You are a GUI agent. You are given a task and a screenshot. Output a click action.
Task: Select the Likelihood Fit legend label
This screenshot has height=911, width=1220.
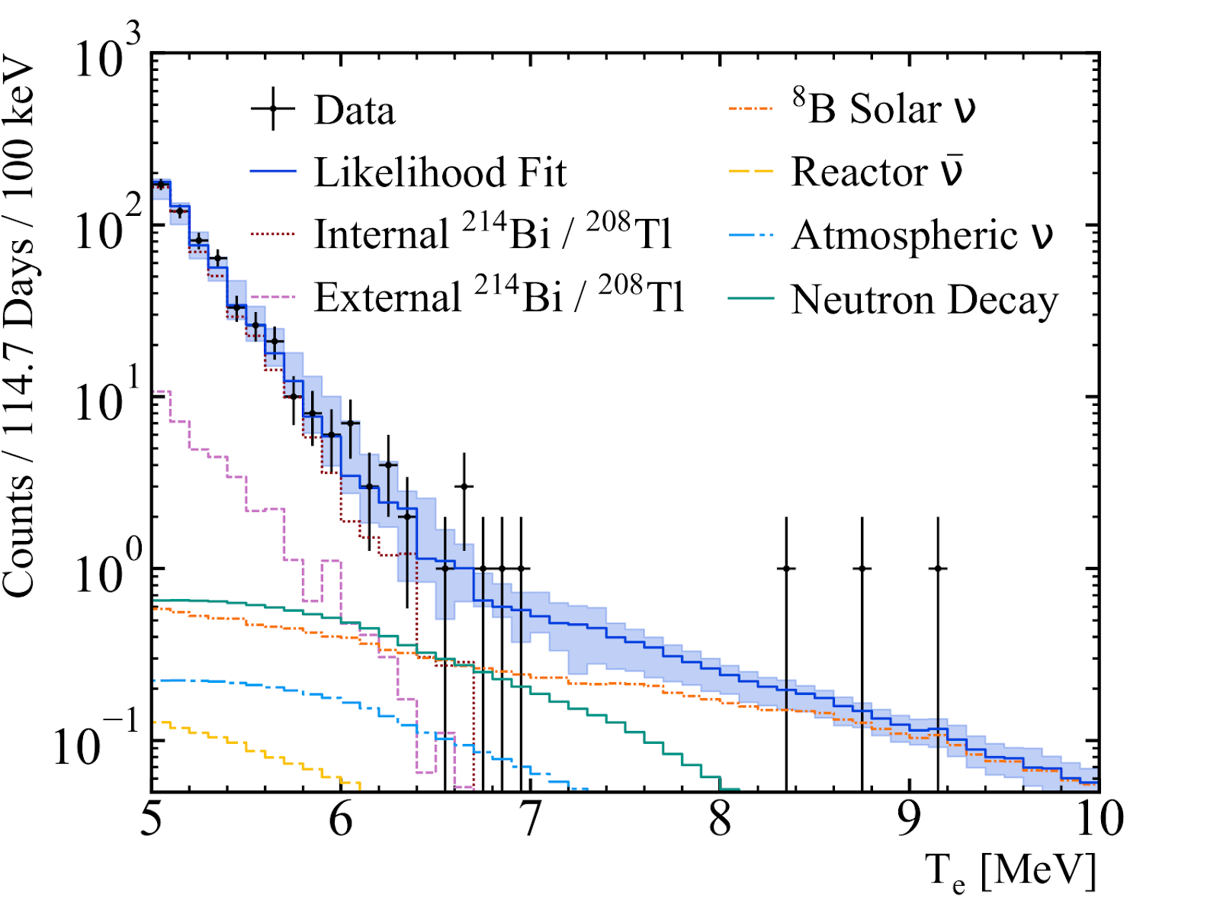tap(440, 172)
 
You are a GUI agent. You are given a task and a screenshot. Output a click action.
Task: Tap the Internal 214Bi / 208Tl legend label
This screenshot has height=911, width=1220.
tap(493, 233)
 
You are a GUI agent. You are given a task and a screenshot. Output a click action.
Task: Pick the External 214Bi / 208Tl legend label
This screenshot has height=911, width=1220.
tap(499, 296)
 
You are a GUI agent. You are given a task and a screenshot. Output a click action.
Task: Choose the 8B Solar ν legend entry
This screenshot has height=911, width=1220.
tap(884, 108)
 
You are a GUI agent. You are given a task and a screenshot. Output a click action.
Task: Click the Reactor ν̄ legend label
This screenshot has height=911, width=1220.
tap(877, 171)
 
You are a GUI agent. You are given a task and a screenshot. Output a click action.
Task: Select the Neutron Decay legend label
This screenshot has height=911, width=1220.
tap(924, 299)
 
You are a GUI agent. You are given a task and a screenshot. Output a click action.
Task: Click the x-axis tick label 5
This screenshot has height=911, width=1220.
tap(152, 819)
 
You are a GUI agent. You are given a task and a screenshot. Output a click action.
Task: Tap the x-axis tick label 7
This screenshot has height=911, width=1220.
tap(531, 819)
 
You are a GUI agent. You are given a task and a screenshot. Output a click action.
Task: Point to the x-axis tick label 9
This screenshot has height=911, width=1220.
tap(909, 819)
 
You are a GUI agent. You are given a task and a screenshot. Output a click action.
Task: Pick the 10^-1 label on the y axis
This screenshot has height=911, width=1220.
tap(96, 740)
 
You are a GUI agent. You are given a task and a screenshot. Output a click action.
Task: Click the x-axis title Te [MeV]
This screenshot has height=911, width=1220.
tap(1010, 872)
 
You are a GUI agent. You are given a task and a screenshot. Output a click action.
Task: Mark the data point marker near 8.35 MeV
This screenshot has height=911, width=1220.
tap(786, 568)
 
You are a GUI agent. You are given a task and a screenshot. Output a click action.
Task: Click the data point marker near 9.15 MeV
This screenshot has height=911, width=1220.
tap(938, 568)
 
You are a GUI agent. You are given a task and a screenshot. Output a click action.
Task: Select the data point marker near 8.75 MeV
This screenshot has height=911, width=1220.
tap(862, 568)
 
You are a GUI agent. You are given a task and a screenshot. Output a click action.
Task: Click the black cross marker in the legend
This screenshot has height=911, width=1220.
tap(273, 110)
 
